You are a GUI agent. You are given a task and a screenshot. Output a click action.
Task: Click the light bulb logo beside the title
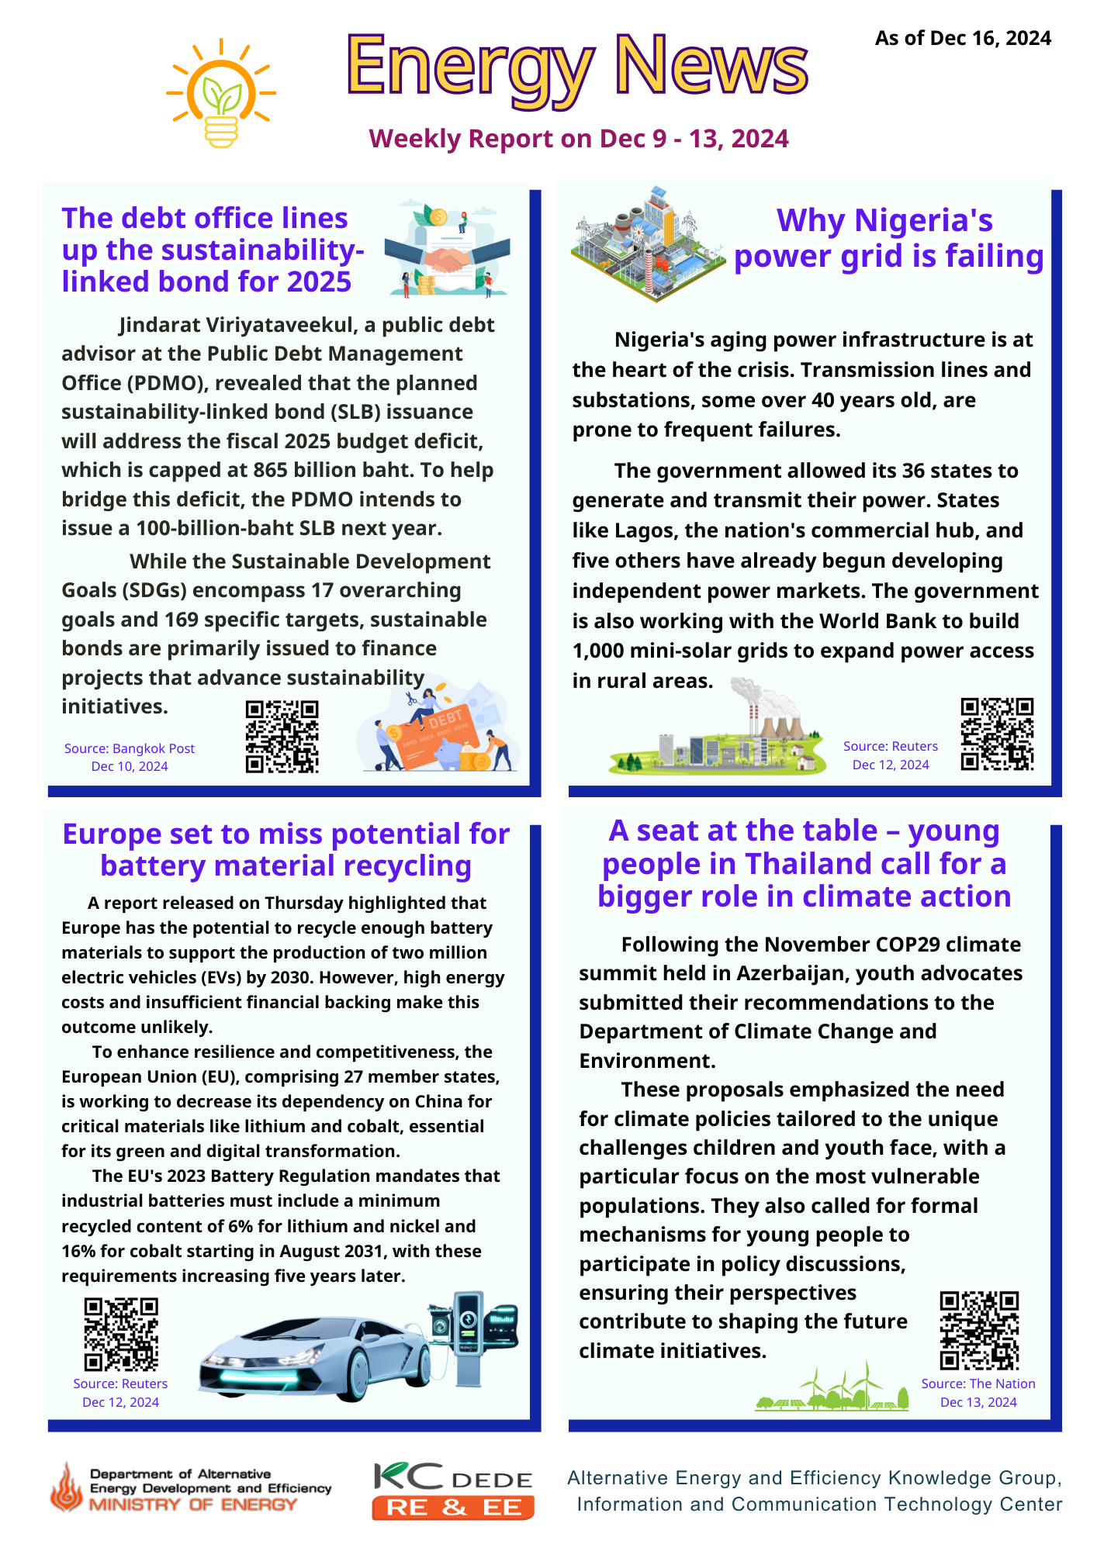pos(221,93)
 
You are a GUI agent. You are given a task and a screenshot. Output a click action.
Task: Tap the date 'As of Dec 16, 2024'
pos(963,39)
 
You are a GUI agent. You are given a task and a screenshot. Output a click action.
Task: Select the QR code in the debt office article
pos(282,737)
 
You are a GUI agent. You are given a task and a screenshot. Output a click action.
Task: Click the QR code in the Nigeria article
pos(997,734)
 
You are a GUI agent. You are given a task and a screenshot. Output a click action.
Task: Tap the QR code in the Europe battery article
pos(120,1335)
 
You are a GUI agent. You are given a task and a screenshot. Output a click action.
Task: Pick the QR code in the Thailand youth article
pos(979,1330)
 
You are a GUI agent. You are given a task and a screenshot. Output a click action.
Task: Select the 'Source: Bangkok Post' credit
pos(130,748)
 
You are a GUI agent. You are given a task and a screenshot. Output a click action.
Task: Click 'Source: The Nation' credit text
pos(978,1383)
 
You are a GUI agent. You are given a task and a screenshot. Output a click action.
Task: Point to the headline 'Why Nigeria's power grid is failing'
pos(888,239)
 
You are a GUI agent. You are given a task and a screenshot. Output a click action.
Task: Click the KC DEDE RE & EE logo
pos(453,1491)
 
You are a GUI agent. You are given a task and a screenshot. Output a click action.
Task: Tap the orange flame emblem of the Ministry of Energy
pos(67,1487)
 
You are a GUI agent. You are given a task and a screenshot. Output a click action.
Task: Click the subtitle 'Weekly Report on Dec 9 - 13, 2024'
pos(579,139)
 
